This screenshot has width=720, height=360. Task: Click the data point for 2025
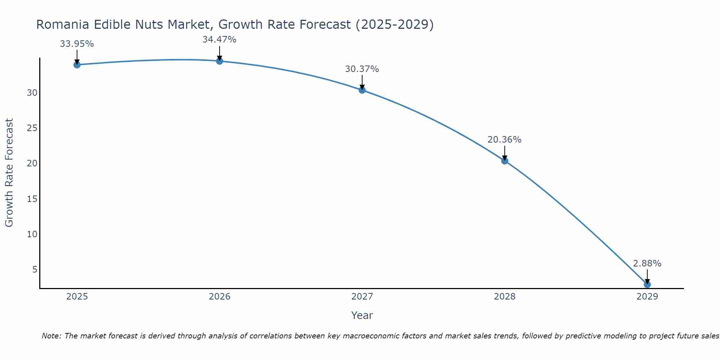pos(77,65)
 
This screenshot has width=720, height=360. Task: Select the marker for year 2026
pos(219,61)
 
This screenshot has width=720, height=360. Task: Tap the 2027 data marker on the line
pos(362,90)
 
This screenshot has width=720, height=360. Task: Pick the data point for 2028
pos(505,161)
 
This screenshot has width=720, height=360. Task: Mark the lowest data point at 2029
pos(647,284)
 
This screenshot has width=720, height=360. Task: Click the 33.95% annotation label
pos(77,44)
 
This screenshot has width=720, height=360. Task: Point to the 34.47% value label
pos(219,40)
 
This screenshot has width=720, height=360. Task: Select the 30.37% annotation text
pos(362,69)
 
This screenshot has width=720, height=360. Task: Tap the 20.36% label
pos(505,140)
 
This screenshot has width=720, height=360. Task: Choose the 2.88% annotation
pos(647,264)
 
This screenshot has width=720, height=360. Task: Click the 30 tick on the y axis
pos(32,93)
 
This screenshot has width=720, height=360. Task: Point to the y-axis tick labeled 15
pos(32,199)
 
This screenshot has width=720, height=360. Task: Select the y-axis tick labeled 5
pos(35,270)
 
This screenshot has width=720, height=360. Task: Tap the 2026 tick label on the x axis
pos(220,297)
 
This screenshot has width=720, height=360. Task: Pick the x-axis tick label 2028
pos(505,297)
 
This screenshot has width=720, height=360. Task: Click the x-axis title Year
pos(362,315)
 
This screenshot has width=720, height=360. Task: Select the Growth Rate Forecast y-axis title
pos(9,173)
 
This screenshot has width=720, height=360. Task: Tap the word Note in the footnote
pos(51,336)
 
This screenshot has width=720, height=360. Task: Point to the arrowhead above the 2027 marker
pos(362,87)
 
